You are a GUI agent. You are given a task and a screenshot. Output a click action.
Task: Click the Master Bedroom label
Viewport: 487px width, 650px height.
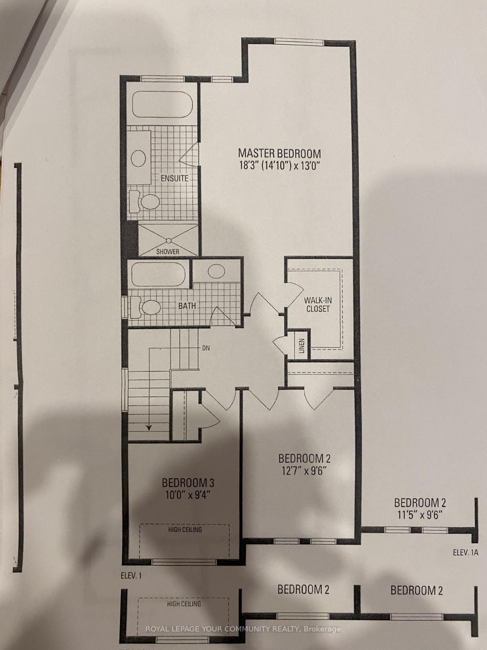pyautogui.click(x=279, y=153)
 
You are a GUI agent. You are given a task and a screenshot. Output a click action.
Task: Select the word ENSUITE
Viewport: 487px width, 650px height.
pyautogui.click(x=174, y=178)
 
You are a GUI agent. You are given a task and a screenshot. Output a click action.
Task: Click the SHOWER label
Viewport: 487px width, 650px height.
pyautogui.click(x=168, y=252)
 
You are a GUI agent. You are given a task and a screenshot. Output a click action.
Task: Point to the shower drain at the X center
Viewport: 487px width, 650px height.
pyautogui.click(x=168, y=240)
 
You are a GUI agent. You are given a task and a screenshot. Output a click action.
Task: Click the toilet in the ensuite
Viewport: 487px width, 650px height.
pyautogui.click(x=145, y=202)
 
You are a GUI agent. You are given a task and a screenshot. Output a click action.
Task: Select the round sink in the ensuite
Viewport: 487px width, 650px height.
pyautogui.click(x=138, y=158)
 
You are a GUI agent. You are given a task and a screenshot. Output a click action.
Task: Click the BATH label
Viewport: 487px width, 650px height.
pyautogui.click(x=187, y=306)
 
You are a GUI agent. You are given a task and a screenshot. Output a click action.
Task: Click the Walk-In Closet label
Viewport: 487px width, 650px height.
pyautogui.click(x=317, y=304)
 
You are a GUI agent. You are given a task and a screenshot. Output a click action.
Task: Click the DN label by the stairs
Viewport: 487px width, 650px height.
pyautogui.click(x=206, y=348)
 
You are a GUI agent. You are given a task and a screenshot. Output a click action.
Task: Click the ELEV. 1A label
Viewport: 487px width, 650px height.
pyautogui.click(x=466, y=553)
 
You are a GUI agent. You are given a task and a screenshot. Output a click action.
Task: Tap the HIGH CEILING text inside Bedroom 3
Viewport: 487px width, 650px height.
pyautogui.click(x=185, y=529)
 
